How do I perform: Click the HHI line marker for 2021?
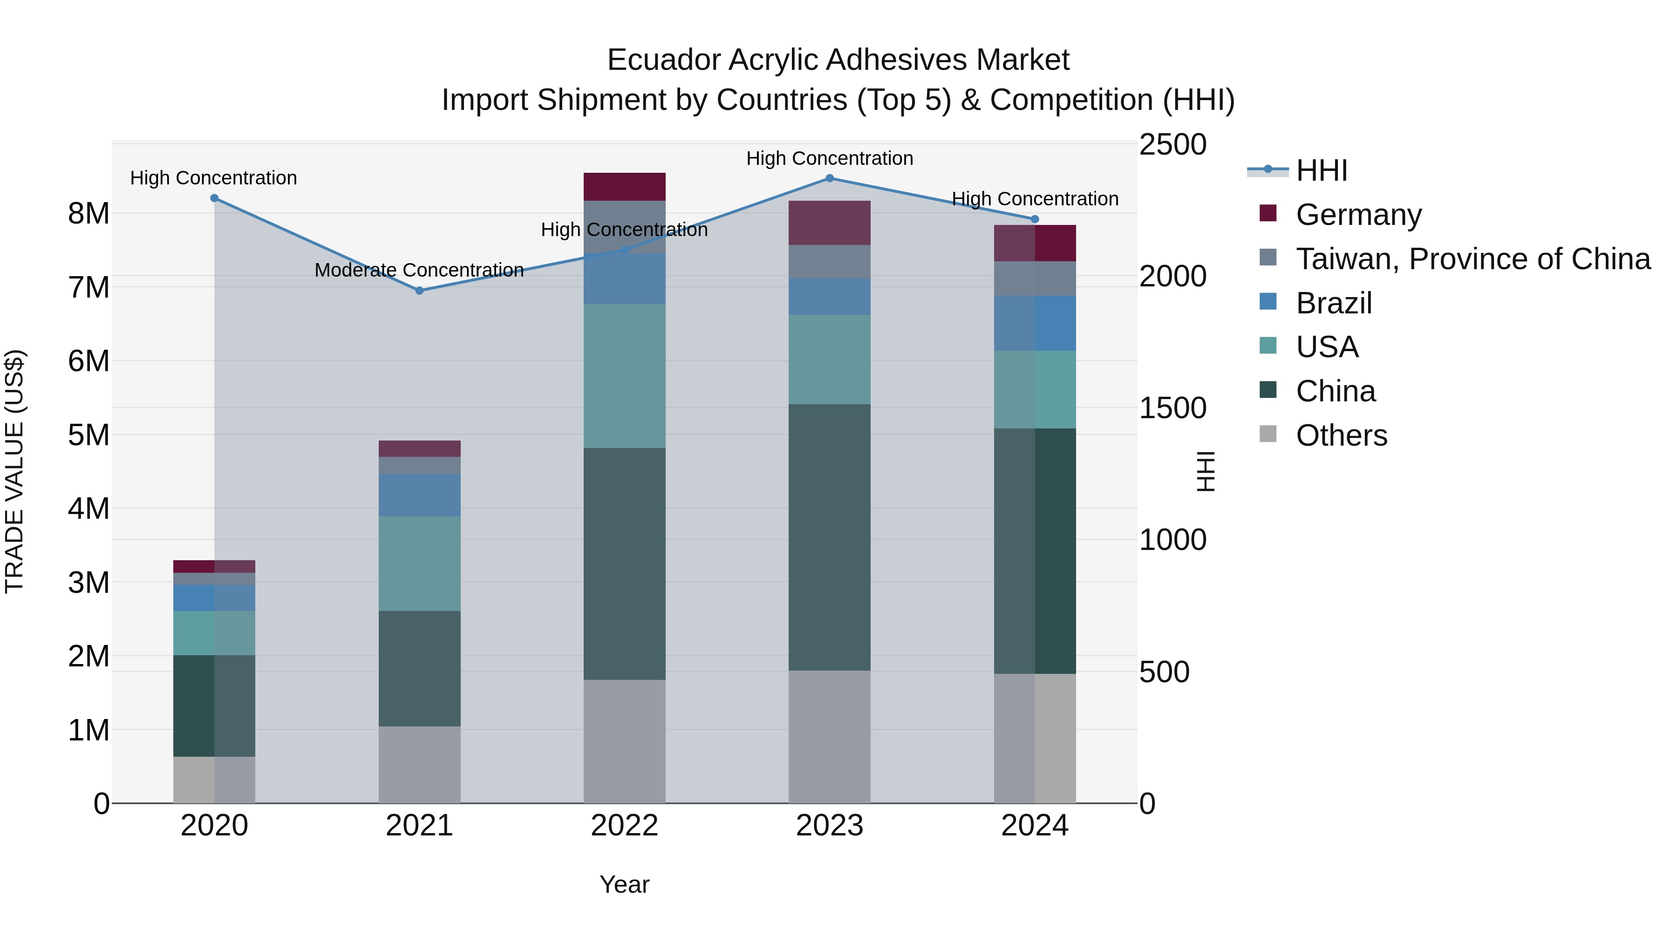419,290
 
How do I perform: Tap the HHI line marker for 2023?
829,178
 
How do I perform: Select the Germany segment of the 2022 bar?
624,187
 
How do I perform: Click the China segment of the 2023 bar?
829,537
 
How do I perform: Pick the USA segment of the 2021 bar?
419,563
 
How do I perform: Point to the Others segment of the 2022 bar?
624,741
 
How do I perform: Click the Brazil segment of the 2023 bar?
829,297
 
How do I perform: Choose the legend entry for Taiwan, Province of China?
1472,259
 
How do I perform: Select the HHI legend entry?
1321,170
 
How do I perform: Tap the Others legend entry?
1341,435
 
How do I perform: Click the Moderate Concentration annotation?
419,270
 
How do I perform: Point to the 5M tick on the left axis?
89,435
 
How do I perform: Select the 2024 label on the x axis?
1035,826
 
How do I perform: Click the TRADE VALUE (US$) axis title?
14,471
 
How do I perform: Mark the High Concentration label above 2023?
829,158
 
